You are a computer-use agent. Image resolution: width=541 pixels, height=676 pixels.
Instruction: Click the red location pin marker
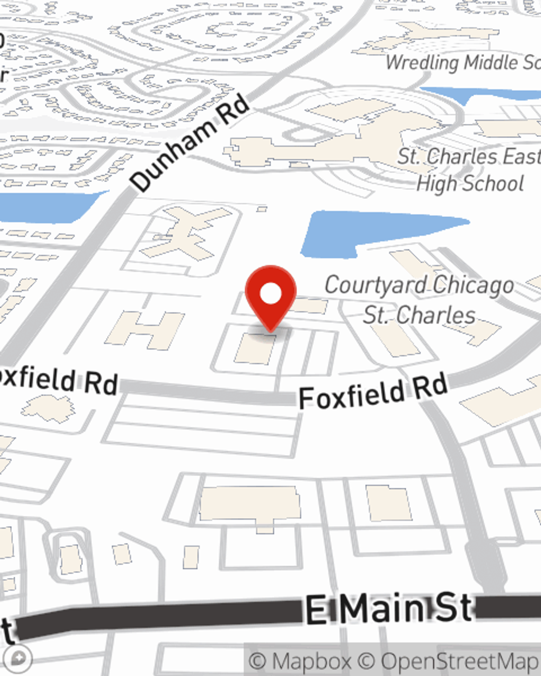point(270,295)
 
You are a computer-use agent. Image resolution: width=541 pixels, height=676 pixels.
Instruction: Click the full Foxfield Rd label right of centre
point(373,392)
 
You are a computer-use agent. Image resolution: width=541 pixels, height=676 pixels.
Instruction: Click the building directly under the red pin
point(254,349)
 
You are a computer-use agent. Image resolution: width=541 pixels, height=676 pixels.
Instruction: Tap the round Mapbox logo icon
point(20,659)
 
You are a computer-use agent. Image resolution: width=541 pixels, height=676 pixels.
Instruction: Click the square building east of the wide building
point(388,503)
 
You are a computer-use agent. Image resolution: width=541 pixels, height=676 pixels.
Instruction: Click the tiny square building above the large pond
point(262,209)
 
